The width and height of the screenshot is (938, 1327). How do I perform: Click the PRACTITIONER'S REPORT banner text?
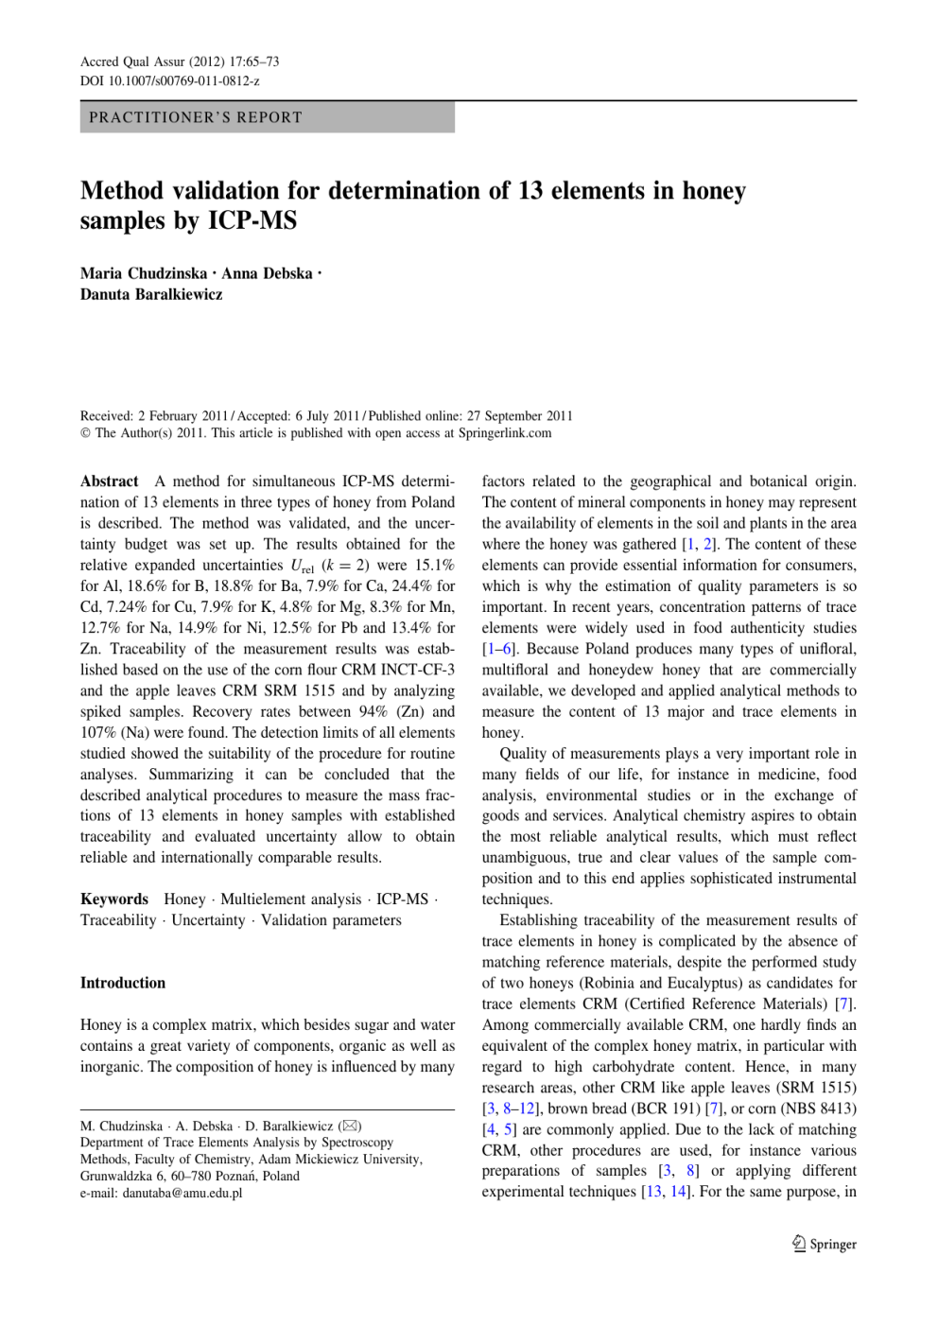(196, 117)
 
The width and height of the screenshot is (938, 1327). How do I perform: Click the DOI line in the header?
(169, 81)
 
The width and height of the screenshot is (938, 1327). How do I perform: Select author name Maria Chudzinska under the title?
(144, 273)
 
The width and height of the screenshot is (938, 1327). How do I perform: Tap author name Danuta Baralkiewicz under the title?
(151, 294)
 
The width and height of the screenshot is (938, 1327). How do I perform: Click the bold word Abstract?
(110, 481)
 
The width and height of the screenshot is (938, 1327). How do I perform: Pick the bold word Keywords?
(114, 899)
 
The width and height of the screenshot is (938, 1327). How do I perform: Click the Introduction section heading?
(123, 983)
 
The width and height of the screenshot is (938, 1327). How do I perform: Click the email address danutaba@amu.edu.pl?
(182, 1193)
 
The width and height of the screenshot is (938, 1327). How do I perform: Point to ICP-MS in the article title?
(252, 221)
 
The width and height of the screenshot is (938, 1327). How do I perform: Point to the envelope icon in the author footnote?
(351, 1126)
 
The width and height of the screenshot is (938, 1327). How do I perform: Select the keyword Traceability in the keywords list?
(118, 920)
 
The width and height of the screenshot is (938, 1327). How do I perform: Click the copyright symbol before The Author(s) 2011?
(86, 433)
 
